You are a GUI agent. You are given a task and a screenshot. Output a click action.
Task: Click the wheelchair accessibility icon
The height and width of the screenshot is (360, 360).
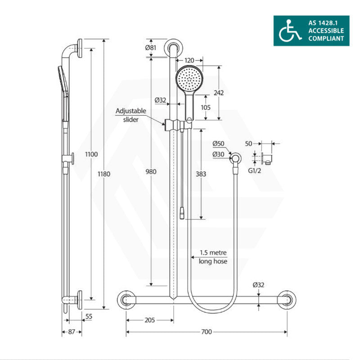click(x=289, y=31)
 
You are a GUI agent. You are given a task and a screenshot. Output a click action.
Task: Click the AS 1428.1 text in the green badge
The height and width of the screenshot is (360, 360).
click(x=325, y=23)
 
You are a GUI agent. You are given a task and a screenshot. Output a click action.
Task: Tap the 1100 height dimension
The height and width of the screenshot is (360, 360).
click(x=91, y=154)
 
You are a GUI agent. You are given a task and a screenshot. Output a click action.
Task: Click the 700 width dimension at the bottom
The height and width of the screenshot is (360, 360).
click(x=206, y=332)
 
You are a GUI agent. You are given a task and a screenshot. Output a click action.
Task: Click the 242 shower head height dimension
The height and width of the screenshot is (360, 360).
click(x=219, y=93)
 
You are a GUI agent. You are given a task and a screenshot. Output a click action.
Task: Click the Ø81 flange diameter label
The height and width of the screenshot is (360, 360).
click(x=152, y=48)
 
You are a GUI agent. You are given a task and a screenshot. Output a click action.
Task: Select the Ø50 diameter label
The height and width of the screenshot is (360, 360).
click(x=219, y=144)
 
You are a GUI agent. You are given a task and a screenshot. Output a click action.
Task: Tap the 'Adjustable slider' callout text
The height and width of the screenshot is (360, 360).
click(x=130, y=115)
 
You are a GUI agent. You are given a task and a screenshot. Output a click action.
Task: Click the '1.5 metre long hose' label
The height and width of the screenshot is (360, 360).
click(x=214, y=257)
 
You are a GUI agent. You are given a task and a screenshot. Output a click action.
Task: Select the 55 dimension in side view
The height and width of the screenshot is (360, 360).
click(x=88, y=317)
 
